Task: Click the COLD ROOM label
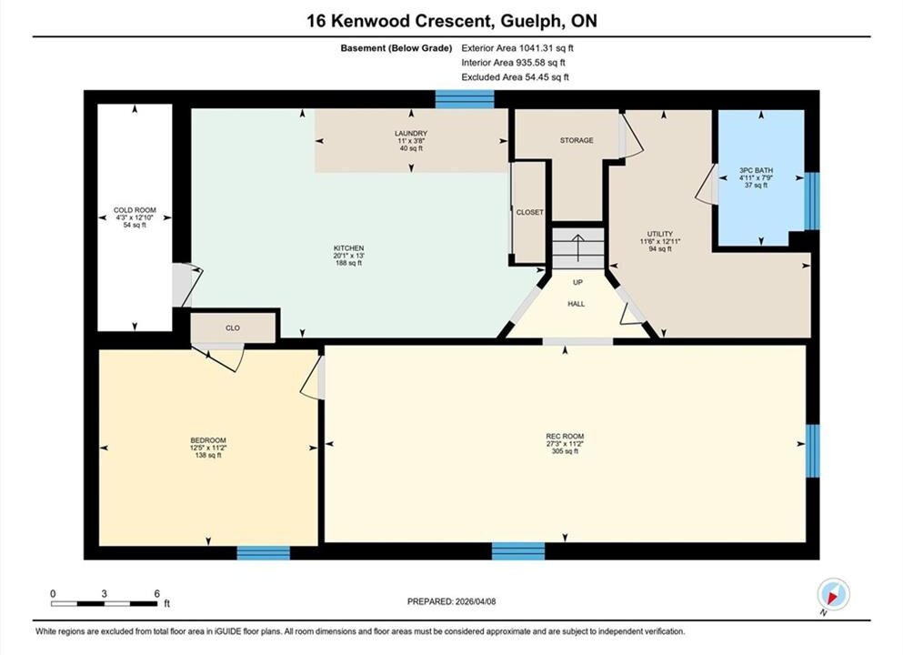(135, 210)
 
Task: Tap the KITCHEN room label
(348, 248)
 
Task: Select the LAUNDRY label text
(411, 134)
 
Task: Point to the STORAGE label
(577, 141)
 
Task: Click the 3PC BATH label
(757, 170)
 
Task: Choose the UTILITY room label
(660, 235)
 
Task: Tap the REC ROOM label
(565, 437)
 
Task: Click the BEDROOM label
(208, 440)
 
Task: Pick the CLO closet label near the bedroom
(233, 328)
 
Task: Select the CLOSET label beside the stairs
(529, 213)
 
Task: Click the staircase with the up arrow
(578, 248)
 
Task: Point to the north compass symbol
(833, 595)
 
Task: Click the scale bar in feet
(105, 604)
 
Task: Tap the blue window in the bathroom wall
(812, 201)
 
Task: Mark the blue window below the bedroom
(263, 553)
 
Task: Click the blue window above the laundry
(464, 99)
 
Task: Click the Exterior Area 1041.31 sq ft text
(517, 48)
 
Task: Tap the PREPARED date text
(451, 601)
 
